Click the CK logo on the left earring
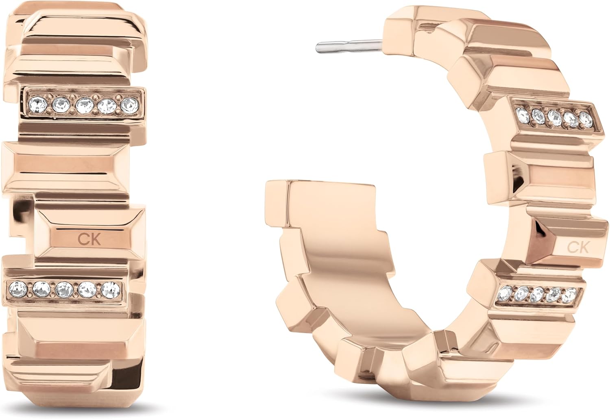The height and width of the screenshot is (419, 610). tap(89, 239)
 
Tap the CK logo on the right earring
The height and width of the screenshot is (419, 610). tap(577, 247)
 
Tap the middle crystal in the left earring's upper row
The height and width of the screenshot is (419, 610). tap(84, 105)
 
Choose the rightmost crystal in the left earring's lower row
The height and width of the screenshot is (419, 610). tap(111, 290)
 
